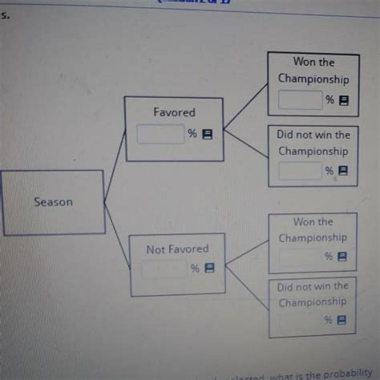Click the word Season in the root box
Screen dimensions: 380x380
coord(53,202)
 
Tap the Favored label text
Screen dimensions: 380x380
coord(174,113)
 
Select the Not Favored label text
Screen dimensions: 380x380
coord(177,249)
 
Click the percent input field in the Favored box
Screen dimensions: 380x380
coord(161,135)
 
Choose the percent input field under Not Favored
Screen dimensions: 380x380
coord(165,269)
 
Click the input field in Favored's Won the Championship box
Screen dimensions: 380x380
coord(300,100)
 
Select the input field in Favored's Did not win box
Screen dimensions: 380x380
coord(300,171)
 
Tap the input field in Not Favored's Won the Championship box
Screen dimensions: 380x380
coord(300,257)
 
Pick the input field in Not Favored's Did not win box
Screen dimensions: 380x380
coord(300,320)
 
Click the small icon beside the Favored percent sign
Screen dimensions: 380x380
coord(206,135)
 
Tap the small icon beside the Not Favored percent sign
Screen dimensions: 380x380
coord(209,269)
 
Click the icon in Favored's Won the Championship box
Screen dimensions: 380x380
coord(344,100)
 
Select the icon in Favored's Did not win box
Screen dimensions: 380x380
coord(344,171)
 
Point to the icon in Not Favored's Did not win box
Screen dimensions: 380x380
coord(342,320)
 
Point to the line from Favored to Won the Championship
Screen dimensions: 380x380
coord(245,107)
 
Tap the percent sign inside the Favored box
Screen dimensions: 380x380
coord(192,134)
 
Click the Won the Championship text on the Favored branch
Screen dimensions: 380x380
coord(313,71)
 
